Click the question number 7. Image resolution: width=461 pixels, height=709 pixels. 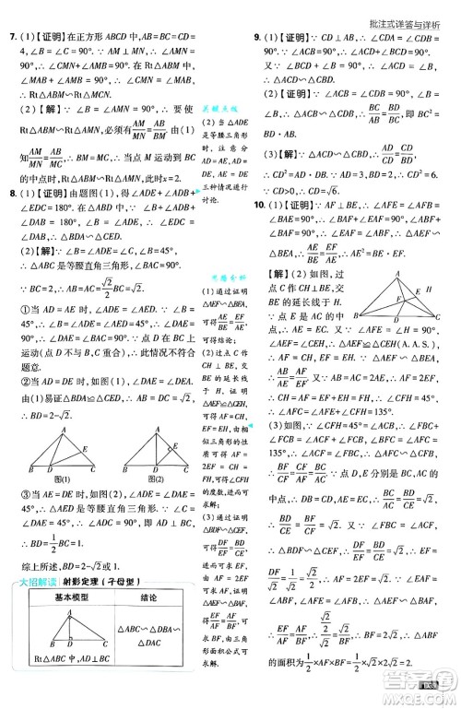(x=11, y=38)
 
